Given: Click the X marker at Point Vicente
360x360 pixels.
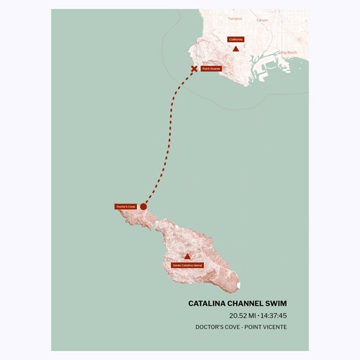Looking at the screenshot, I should pyautogui.click(x=195, y=69).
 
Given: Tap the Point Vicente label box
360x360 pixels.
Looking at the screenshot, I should pyautogui.click(x=212, y=69).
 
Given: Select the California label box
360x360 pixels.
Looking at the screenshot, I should pyautogui.click(x=236, y=39).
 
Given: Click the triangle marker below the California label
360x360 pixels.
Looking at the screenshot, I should pyautogui.click(x=236, y=49).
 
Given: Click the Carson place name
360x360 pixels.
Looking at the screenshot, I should pyautogui.click(x=262, y=20).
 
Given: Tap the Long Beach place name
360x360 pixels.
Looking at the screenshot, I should pyautogui.click(x=288, y=53).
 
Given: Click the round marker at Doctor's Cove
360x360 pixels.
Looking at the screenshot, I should pyautogui.click(x=143, y=207).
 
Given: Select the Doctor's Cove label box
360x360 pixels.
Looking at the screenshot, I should pyautogui.click(x=125, y=207).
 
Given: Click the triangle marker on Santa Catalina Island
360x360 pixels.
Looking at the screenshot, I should pyautogui.click(x=187, y=257).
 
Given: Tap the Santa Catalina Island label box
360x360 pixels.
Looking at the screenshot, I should pyautogui.click(x=187, y=265).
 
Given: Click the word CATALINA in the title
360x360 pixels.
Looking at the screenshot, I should pyautogui.click(x=208, y=304).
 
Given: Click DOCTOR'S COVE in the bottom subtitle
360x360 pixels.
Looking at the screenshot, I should pyautogui.click(x=218, y=327).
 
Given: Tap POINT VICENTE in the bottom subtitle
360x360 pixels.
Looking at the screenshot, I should pyautogui.click(x=266, y=327).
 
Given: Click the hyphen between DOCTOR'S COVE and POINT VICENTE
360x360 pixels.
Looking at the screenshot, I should pyautogui.click(x=243, y=327).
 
